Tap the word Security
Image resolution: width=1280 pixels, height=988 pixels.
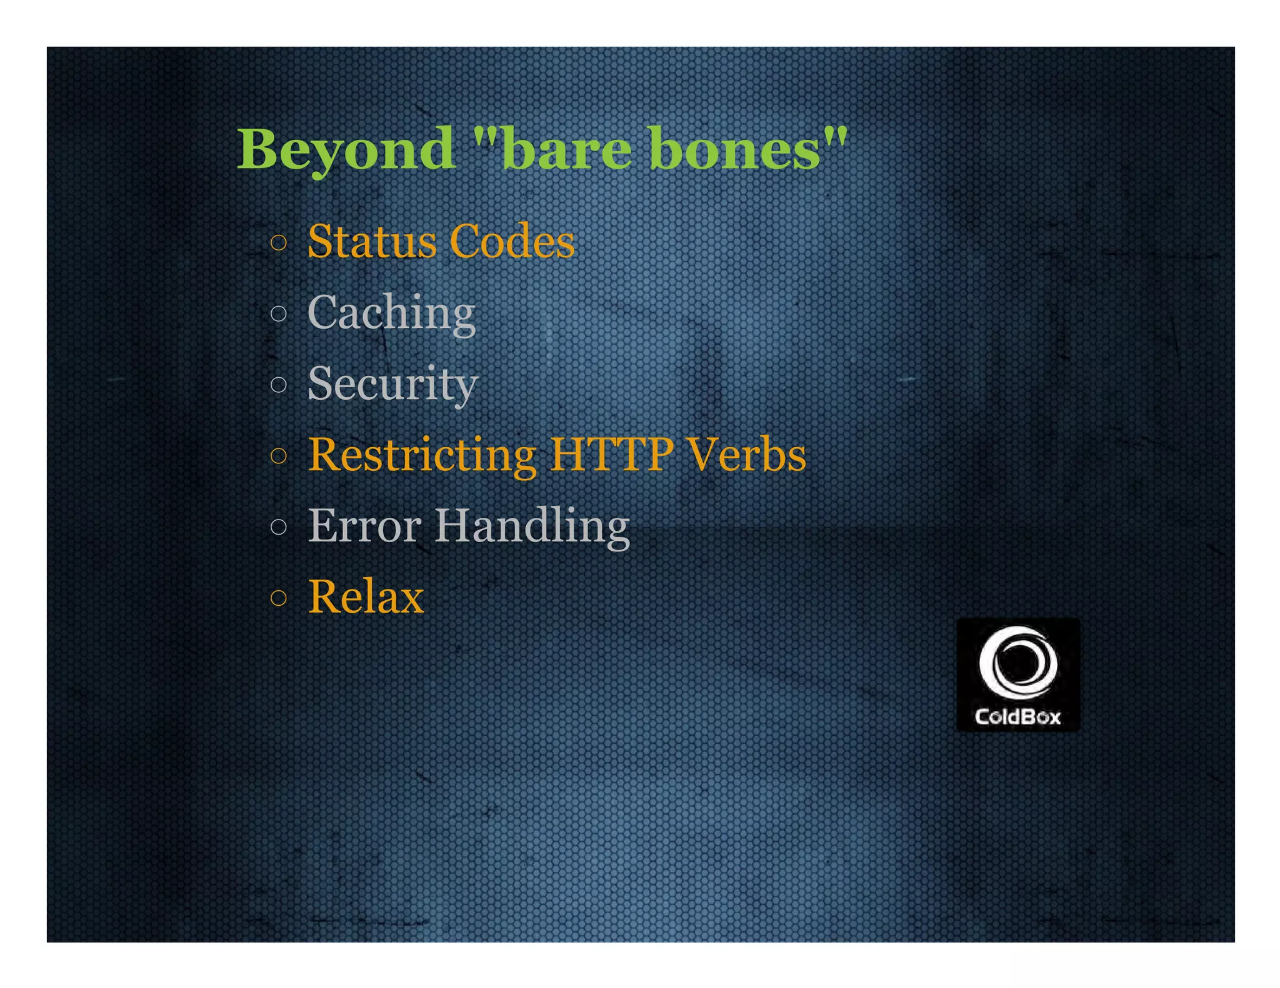click(x=392, y=383)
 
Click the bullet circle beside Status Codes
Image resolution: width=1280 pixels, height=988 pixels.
click(x=279, y=242)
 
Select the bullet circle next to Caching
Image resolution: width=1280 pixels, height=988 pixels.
click(x=279, y=313)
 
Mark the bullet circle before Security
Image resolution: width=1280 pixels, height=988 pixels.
click(x=279, y=384)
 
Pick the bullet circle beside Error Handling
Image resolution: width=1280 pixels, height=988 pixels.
click(x=279, y=526)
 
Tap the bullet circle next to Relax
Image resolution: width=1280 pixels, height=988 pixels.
click(x=279, y=598)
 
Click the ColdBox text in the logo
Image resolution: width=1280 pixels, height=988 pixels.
click(x=1017, y=716)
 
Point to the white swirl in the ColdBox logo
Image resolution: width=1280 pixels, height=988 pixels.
click(x=1018, y=663)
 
